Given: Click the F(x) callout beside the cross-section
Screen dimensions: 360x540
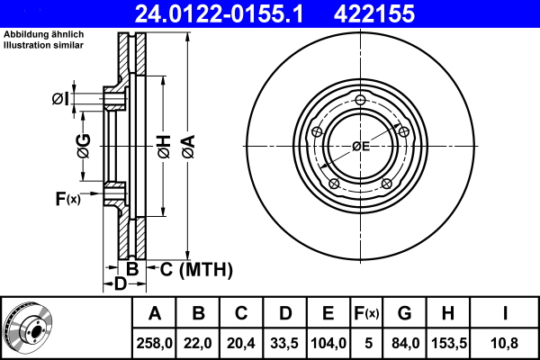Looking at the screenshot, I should click(x=67, y=198).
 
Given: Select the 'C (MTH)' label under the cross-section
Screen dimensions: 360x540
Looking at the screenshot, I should click(x=196, y=269).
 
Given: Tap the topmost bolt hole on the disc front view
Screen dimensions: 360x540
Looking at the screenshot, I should click(x=361, y=99).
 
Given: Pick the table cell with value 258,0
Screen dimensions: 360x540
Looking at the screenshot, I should click(x=155, y=343).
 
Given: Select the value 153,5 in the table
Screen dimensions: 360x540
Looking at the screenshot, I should click(x=447, y=343).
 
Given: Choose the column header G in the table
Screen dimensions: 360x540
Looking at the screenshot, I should click(x=404, y=314).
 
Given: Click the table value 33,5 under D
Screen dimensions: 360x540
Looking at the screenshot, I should click(x=284, y=343).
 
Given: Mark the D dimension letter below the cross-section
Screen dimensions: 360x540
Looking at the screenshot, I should click(x=120, y=284).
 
